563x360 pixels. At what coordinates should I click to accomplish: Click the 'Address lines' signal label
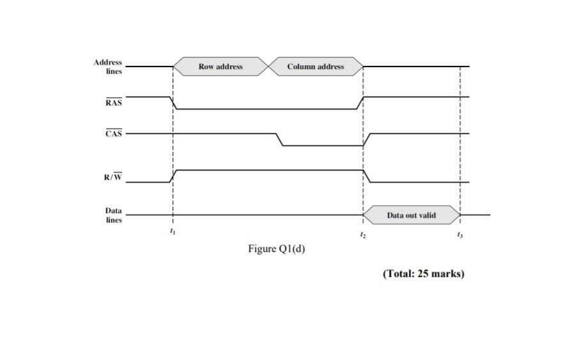point(107,67)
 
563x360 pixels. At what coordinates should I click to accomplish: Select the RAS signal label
point(113,102)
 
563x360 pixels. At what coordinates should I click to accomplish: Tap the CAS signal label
point(113,134)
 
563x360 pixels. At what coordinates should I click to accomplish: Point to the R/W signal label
point(112,177)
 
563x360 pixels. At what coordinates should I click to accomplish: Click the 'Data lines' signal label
point(113,215)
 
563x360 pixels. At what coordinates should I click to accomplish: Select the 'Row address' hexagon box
point(220,67)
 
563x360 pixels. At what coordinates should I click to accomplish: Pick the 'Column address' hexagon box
point(316,67)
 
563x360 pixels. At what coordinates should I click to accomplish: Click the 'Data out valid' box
point(412,215)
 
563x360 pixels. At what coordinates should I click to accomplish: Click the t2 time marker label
point(363,235)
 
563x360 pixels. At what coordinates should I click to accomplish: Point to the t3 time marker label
point(459,235)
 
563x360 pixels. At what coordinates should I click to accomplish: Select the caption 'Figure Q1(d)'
point(276,249)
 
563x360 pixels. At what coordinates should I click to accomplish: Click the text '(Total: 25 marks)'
point(423,274)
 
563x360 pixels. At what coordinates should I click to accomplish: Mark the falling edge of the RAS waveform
point(173,103)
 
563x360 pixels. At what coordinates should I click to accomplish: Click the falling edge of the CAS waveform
point(279,139)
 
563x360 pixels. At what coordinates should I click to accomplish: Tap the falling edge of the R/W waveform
point(367,176)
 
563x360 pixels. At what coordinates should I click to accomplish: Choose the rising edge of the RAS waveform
point(361,103)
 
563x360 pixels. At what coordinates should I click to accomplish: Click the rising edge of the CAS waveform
point(367,139)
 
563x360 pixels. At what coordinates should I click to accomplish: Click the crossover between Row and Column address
point(268,67)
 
